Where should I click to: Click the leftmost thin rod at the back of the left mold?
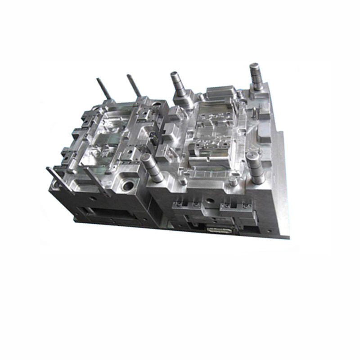(101, 90)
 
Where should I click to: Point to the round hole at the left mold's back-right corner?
(156, 104)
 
